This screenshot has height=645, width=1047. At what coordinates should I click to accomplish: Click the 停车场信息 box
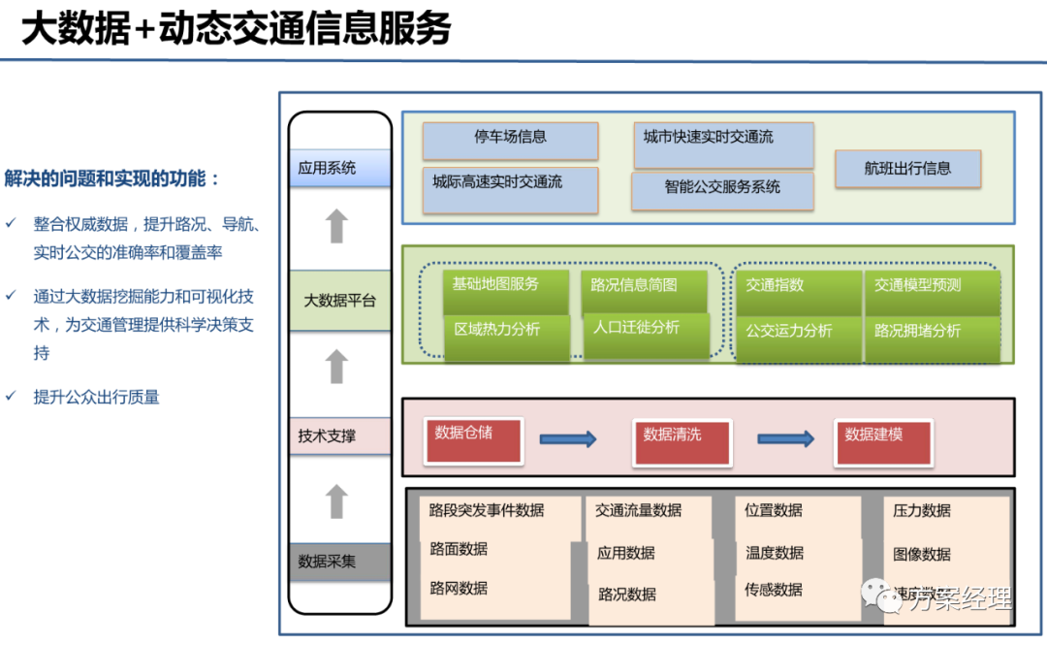510,141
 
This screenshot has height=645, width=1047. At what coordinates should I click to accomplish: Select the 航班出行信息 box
907,169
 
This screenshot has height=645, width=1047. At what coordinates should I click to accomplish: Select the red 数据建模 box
883,441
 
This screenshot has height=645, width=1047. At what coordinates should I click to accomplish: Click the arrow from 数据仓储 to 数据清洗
568,439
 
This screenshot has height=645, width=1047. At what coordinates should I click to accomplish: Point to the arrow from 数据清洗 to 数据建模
785,439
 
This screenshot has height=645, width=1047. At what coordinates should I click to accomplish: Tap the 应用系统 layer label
340,168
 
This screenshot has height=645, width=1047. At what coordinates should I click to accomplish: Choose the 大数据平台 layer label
340,301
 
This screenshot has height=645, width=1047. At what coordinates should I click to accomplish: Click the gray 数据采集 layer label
340,562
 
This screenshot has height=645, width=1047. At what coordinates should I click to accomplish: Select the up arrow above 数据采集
336,501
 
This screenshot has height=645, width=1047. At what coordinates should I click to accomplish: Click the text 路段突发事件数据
487,510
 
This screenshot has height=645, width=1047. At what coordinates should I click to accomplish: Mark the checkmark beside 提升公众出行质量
11,397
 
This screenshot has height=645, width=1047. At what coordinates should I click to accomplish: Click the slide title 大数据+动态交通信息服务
237,29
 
